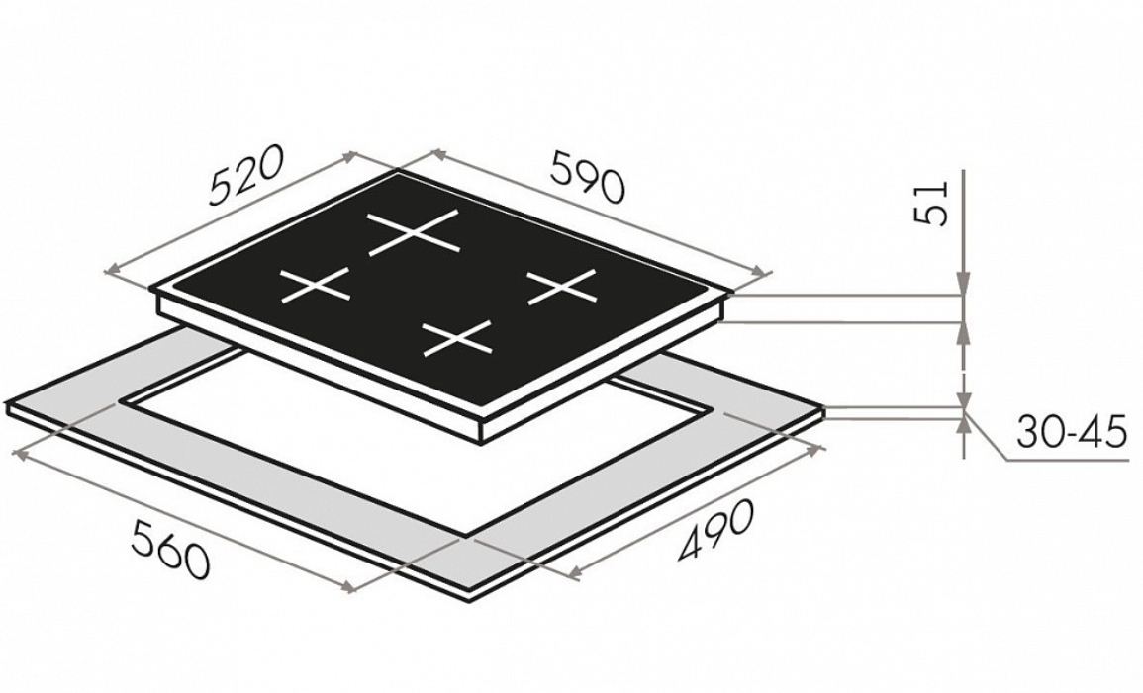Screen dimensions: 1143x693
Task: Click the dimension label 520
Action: pos(245,177)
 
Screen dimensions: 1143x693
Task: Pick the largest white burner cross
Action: pos(415,233)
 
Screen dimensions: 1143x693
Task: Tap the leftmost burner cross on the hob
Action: pos(316,285)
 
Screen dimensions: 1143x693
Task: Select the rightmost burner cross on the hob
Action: pos(562,286)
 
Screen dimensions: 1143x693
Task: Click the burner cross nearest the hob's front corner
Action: pos(458,338)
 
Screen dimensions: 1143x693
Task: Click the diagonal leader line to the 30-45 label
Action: pos(986,436)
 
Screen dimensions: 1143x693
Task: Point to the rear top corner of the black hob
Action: pos(398,173)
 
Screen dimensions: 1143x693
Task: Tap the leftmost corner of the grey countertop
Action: pos(6,404)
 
